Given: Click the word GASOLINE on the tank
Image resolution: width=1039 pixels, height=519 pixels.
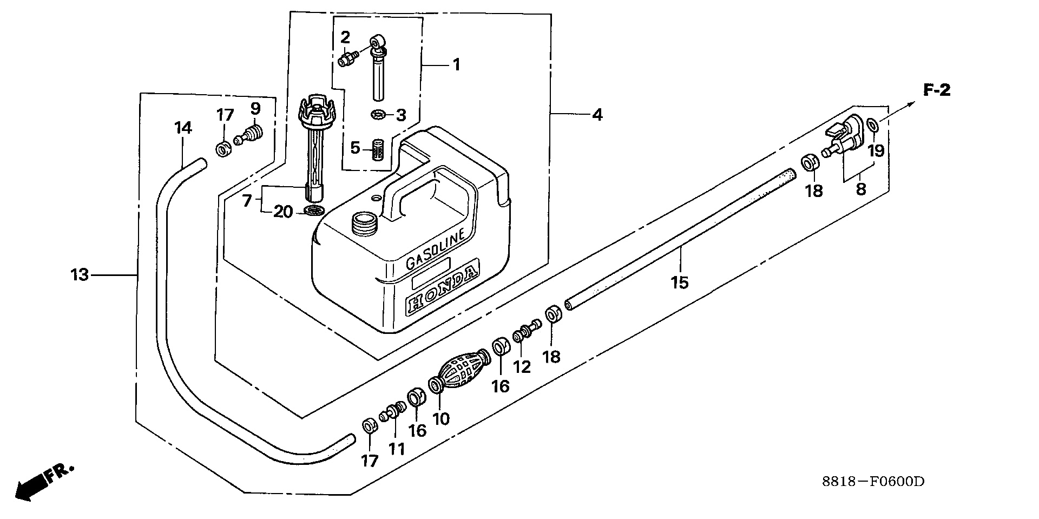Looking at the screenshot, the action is (x=435, y=248).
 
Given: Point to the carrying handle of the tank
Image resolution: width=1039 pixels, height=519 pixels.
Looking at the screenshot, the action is (x=428, y=187).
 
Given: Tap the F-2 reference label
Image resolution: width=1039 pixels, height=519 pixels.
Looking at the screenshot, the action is (x=937, y=91).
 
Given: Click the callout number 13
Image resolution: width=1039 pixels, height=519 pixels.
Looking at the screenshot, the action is (x=79, y=275).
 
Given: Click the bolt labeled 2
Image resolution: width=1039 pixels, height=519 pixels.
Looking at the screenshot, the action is (x=347, y=58).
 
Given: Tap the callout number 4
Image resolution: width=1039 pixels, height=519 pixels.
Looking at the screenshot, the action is (x=597, y=115).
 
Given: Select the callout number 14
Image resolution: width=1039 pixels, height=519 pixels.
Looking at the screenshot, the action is (x=183, y=128).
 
